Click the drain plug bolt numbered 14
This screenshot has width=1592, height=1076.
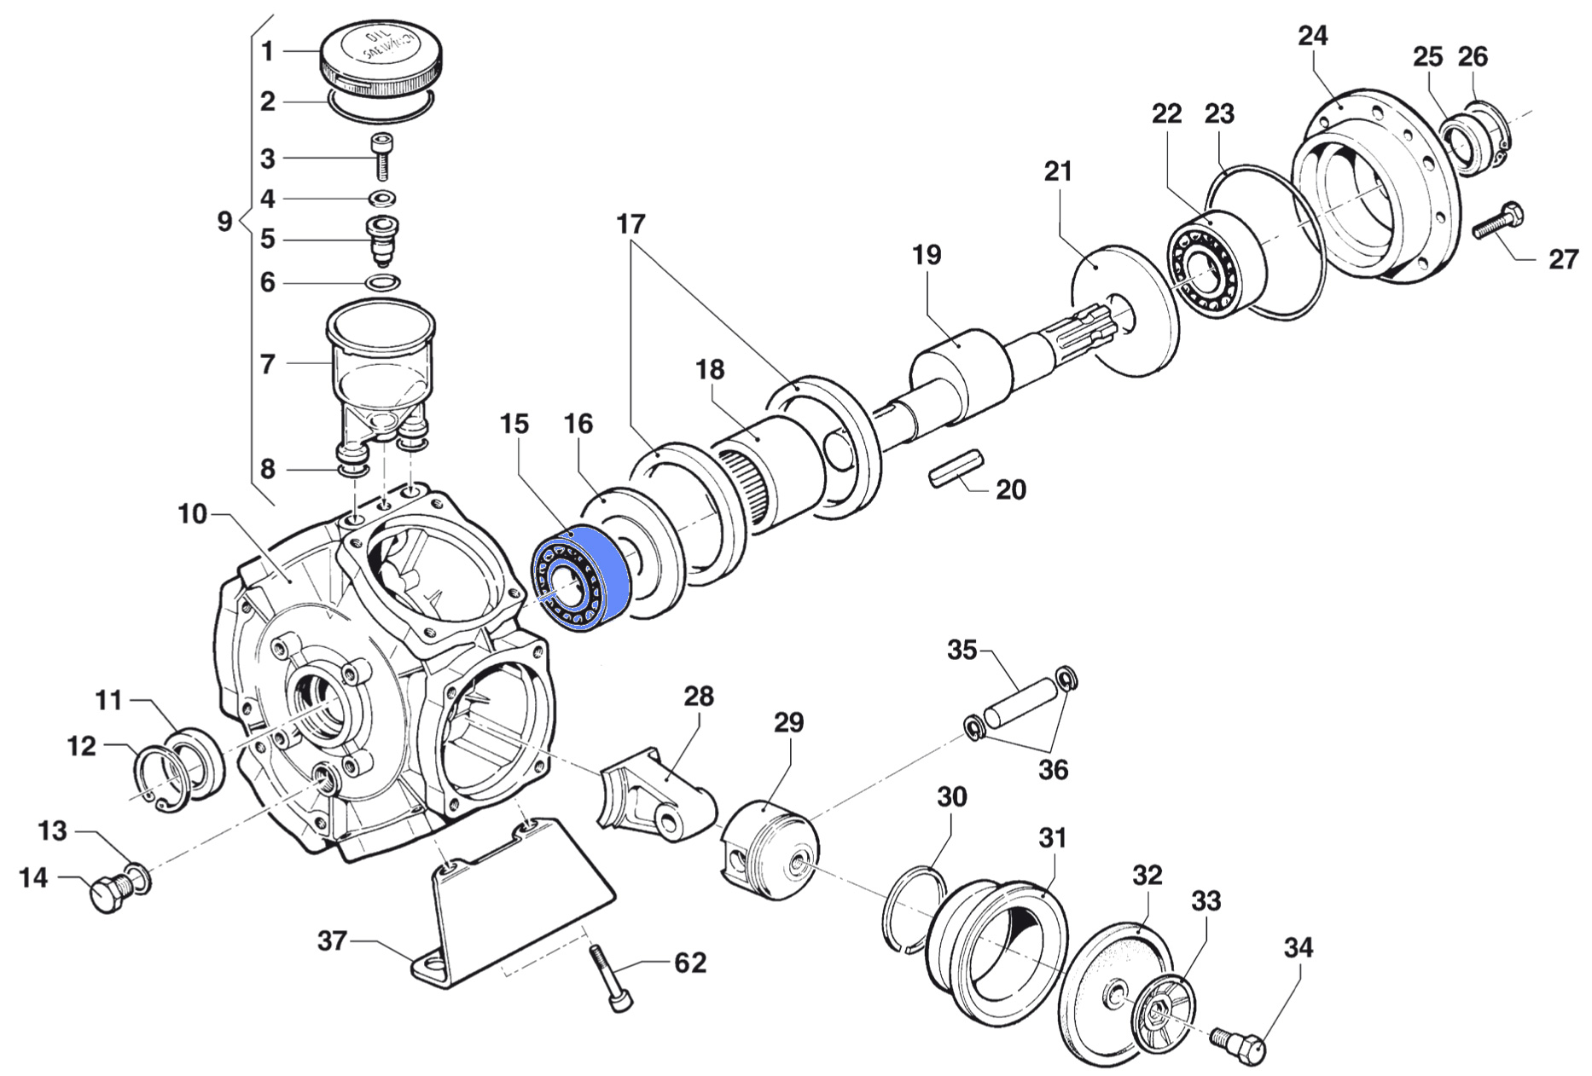click(x=110, y=894)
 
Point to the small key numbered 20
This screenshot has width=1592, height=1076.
click(x=956, y=471)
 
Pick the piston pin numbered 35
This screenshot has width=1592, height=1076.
click(x=1021, y=702)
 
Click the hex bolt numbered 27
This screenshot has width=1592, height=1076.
click(x=1500, y=221)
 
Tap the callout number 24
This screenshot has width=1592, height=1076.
click(x=1313, y=37)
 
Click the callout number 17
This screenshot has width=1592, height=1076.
click(x=631, y=224)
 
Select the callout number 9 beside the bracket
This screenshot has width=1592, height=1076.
click(x=224, y=222)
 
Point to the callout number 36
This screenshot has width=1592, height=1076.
click(x=1053, y=769)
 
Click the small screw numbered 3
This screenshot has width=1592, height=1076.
click(x=382, y=156)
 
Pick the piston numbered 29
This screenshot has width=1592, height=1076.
click(x=770, y=847)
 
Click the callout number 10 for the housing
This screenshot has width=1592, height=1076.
click(x=193, y=514)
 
